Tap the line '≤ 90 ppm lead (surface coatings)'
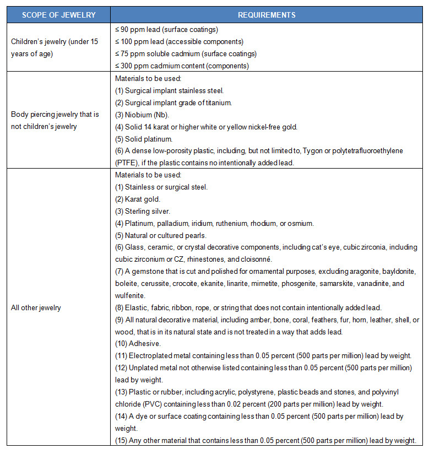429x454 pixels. [x=167, y=29]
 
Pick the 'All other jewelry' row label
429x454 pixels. [x=36, y=307]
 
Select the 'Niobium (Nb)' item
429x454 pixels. [x=144, y=114]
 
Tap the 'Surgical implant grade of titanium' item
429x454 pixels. [x=173, y=102]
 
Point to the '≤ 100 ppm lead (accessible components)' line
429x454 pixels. [x=179, y=41]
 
